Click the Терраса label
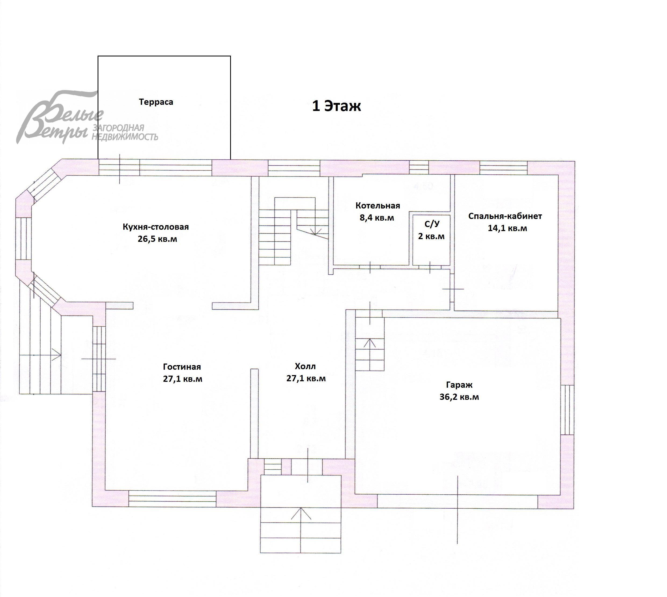[x=156, y=102]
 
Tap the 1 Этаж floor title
[x=336, y=106]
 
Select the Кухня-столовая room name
[x=156, y=227]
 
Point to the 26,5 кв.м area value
[x=157, y=239]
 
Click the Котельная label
[x=378, y=206]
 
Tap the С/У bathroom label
[x=432, y=224]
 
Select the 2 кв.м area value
[x=431, y=236]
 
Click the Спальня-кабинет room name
[x=505, y=216]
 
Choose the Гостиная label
[x=182, y=367]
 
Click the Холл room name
[x=305, y=366]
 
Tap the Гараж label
[x=459, y=385]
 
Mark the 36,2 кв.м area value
[x=459, y=397]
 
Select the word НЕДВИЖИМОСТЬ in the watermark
[x=125, y=136]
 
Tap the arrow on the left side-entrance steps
[x=40, y=355]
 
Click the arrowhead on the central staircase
[x=315, y=232]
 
